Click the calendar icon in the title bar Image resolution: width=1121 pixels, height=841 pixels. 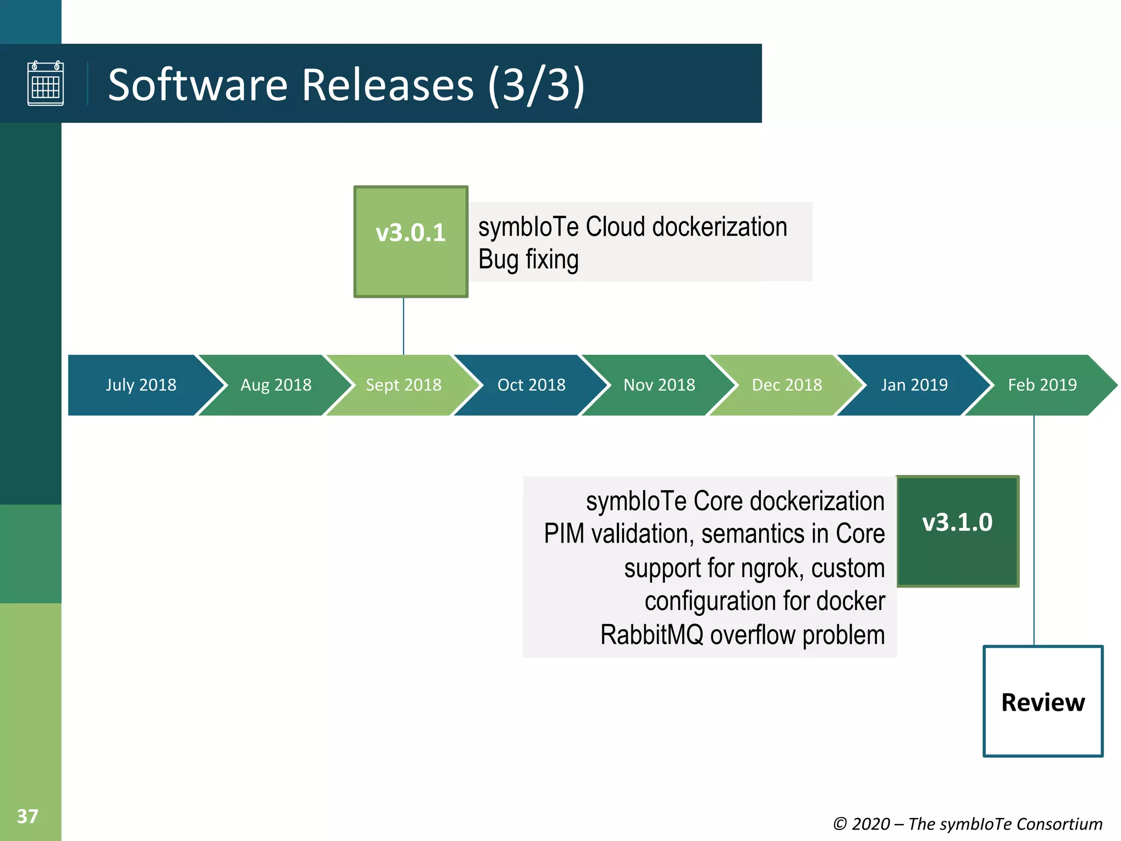tap(45, 83)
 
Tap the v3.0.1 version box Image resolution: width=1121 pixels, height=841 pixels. tap(411, 241)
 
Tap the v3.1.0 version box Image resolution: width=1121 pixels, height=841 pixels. tap(957, 531)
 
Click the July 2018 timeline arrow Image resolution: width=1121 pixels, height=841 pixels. tap(141, 385)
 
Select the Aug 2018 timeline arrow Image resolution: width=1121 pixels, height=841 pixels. tap(276, 385)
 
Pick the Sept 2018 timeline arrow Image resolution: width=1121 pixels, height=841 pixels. tap(403, 385)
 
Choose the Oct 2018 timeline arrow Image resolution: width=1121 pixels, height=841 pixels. tap(531, 385)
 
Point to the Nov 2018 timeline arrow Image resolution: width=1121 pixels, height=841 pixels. tap(659, 385)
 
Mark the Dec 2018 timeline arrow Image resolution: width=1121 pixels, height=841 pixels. tap(787, 385)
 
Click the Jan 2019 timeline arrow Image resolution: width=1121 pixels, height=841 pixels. tap(914, 385)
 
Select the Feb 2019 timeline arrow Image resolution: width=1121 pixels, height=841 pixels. tap(1042, 385)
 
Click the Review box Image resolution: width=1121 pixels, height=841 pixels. tap(1043, 701)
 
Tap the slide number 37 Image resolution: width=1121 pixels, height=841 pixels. tap(27, 816)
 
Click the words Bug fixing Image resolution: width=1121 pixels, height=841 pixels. tap(528, 260)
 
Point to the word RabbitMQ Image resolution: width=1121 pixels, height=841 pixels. tap(651, 635)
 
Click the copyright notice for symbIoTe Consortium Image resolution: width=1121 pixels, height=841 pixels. tap(967, 823)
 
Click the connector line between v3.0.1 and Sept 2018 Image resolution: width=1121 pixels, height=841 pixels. tap(403, 326)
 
